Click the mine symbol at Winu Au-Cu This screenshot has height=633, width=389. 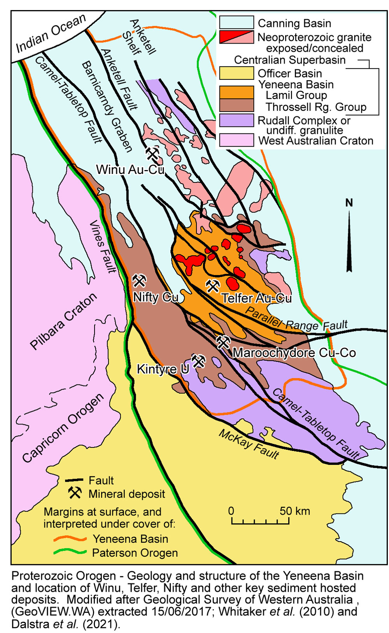click(x=152, y=154)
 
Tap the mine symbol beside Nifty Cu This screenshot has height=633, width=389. click(x=139, y=281)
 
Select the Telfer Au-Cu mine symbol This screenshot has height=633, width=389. click(x=213, y=286)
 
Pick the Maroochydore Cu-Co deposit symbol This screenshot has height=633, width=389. click(x=223, y=342)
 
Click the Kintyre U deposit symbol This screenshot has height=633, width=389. click(x=198, y=361)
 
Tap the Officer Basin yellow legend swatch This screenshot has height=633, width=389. click(x=236, y=73)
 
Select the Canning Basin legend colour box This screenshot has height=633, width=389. click(x=236, y=23)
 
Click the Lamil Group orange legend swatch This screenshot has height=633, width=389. click(x=236, y=93)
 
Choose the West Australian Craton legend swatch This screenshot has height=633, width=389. click(x=236, y=140)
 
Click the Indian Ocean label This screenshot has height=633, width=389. click(x=51, y=34)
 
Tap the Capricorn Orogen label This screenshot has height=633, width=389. click(x=63, y=428)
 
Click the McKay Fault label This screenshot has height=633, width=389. click(x=249, y=444)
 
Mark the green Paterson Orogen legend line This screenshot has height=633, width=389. click(x=70, y=552)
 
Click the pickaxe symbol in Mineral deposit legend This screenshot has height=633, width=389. click(x=75, y=493)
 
